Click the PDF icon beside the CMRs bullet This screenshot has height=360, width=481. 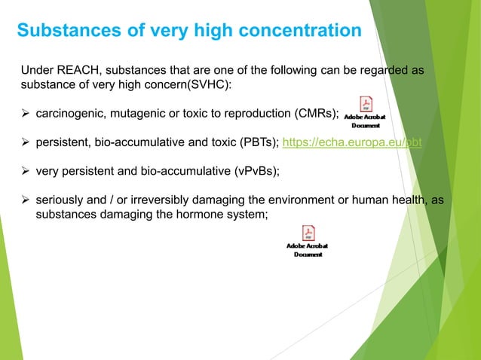click(366, 105)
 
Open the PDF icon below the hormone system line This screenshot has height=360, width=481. click(308, 233)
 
